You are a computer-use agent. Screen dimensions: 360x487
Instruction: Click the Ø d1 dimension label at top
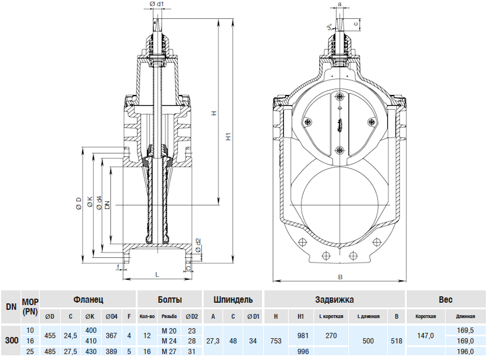click(x=157, y=5)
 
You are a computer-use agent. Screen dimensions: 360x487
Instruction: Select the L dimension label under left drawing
click(x=156, y=274)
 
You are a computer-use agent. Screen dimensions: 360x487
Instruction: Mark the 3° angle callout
click(x=329, y=27)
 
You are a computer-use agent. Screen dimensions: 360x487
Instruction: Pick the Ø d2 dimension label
click(x=198, y=244)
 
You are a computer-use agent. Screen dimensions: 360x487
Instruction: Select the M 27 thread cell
click(x=169, y=352)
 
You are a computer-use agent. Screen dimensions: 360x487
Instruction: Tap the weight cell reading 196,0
click(x=465, y=352)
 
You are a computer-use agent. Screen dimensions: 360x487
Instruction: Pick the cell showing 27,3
click(x=213, y=341)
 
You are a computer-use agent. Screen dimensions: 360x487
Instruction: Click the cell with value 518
click(x=397, y=341)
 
